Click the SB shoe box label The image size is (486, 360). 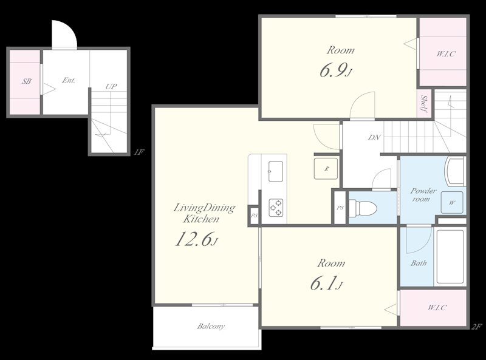pos(26,81)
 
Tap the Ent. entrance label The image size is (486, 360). pos(68,80)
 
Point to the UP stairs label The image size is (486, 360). pos(111,87)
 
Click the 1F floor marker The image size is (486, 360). pos(139,152)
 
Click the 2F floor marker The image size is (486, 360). pos(476,327)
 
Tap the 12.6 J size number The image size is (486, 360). pos(196,240)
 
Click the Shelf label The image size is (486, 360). pos(423,104)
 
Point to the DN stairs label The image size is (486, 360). pos(374,137)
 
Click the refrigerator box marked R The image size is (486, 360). pos(326,169)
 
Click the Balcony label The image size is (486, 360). pos(211,326)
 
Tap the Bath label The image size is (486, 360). pos(419,263)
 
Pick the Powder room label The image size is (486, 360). pos(420,194)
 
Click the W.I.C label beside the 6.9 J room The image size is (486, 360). pos(446,54)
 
